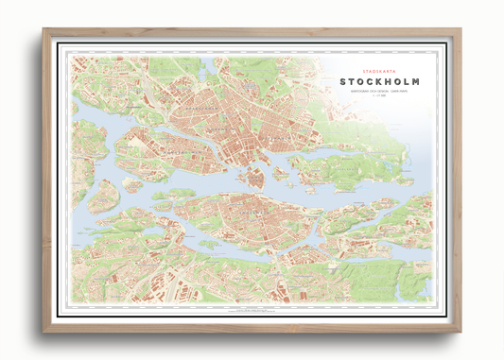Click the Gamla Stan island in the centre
254,177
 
